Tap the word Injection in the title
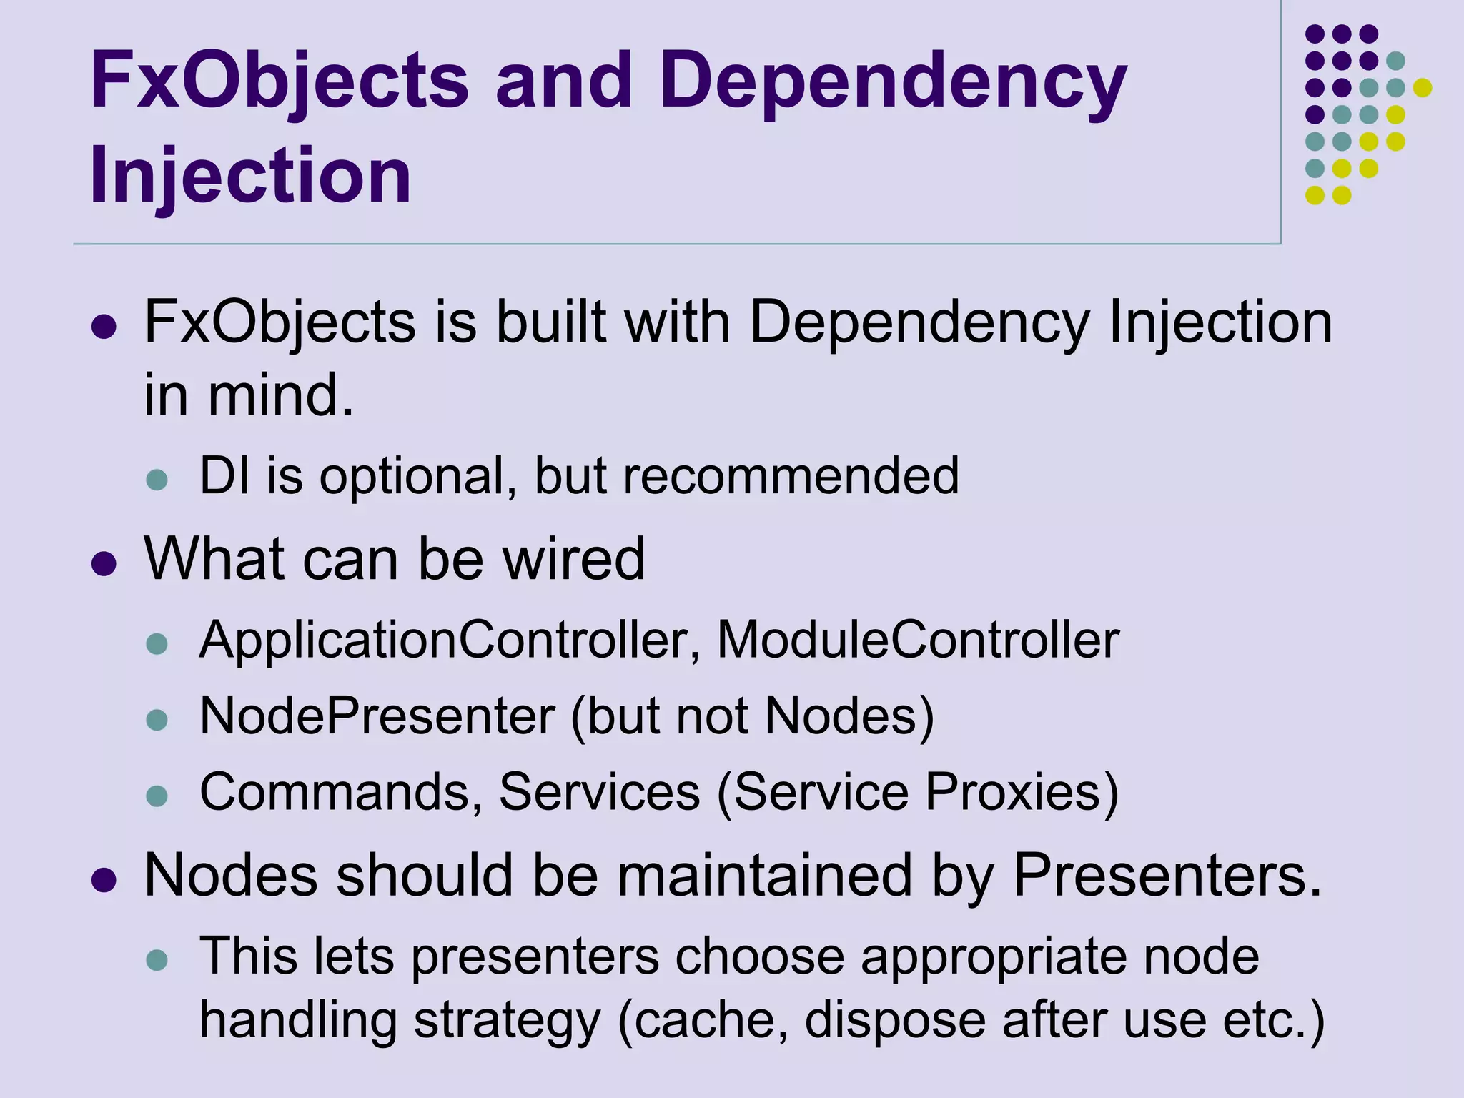click(250, 175)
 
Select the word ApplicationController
click(444, 640)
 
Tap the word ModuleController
click(918, 640)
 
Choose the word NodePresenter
click(377, 716)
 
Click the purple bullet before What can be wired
click(104, 564)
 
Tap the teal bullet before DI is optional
click(157, 480)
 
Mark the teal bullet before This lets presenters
click(157, 960)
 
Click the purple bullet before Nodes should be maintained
click(104, 881)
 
